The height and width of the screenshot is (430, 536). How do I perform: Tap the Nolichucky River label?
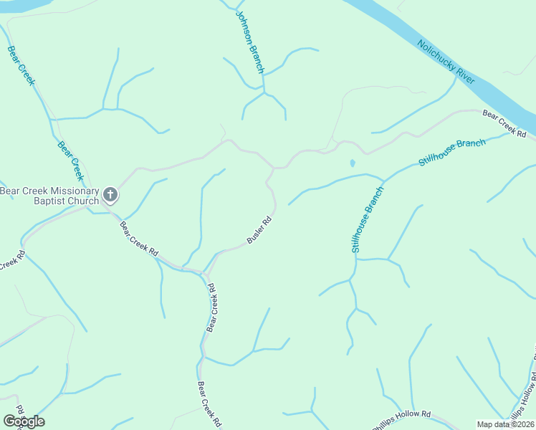446,62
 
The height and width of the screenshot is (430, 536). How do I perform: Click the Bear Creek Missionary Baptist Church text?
49,196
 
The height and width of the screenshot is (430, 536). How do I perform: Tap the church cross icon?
110,194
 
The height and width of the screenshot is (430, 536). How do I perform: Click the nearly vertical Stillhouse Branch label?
368,219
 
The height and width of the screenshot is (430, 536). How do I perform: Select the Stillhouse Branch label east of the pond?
452,152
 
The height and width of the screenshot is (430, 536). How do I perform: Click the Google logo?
24,421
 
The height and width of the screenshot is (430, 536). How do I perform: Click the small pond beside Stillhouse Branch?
352,163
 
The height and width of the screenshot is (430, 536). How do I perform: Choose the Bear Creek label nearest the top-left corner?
21,65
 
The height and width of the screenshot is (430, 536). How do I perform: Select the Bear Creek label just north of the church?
71,160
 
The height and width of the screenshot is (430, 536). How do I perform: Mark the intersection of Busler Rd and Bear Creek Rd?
206,274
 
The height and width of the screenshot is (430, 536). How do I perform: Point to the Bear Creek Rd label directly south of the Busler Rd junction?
211,307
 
